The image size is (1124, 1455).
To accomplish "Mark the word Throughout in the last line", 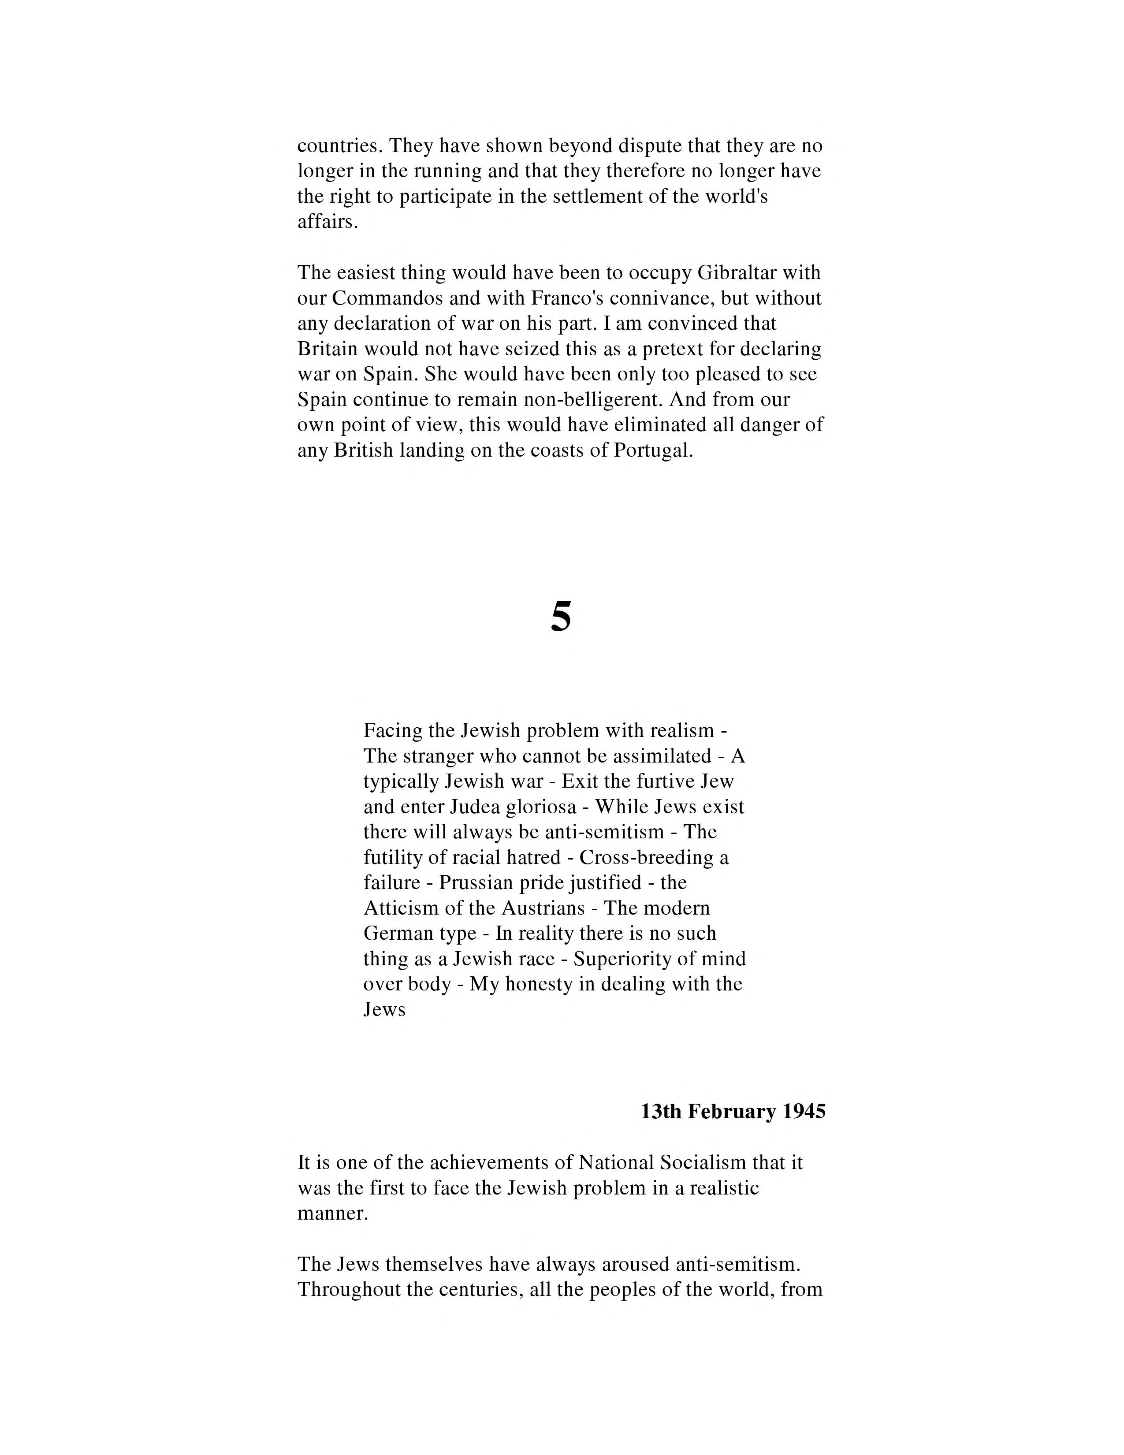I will click(x=349, y=1290).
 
